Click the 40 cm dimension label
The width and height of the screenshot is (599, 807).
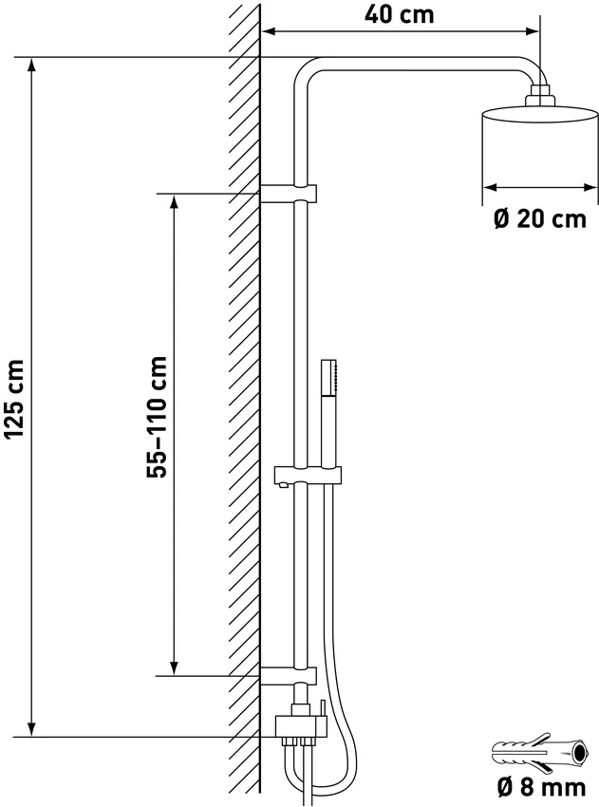tap(400, 14)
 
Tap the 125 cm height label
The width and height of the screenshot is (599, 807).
tap(15, 400)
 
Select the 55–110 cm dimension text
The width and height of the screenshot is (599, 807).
tap(157, 417)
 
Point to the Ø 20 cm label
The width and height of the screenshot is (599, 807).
tap(540, 218)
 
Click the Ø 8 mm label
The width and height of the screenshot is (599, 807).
tap(541, 787)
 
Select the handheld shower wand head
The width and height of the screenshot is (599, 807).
tap(329, 377)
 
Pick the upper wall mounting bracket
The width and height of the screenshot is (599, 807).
tap(289, 193)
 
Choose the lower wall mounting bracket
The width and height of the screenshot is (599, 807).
tap(289, 675)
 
